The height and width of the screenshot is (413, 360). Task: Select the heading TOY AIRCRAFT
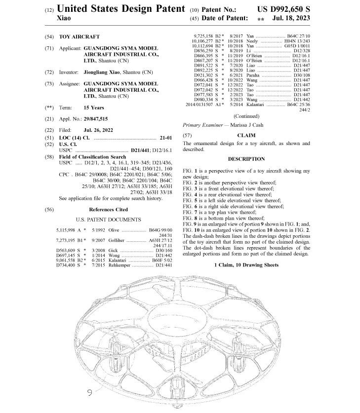click(x=79, y=37)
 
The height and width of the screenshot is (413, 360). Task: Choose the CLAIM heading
click(x=247, y=135)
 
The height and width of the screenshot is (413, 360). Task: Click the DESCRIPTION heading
click(x=247, y=159)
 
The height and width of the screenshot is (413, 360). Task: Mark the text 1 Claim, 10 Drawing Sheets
click(x=247, y=265)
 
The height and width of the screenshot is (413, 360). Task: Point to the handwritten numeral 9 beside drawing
click(x=90, y=393)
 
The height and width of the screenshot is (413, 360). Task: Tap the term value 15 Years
click(x=94, y=108)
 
